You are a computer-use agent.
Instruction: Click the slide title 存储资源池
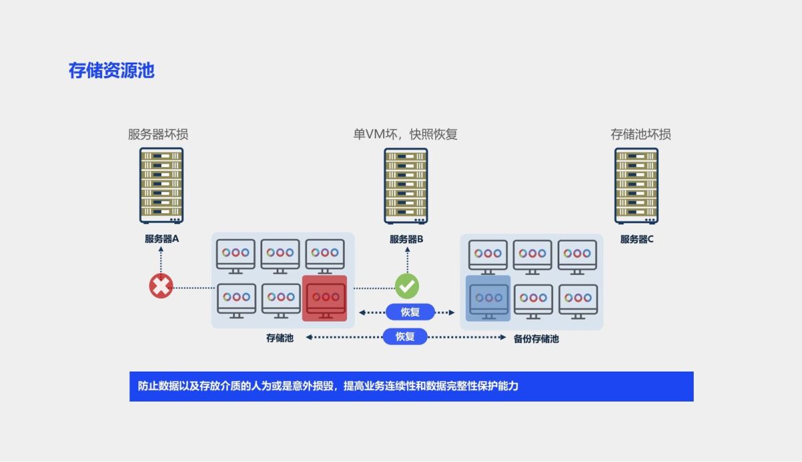[x=111, y=71]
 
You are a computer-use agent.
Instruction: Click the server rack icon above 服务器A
[x=161, y=185]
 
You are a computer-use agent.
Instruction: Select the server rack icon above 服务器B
[x=406, y=185]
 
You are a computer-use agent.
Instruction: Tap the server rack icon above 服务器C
[x=636, y=185]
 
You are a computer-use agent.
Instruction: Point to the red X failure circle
[x=161, y=286]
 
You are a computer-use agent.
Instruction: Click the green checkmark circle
[x=406, y=286]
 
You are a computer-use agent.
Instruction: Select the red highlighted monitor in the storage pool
[x=325, y=298]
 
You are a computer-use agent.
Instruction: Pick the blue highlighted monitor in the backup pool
[x=489, y=298]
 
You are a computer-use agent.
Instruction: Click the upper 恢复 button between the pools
[x=410, y=312]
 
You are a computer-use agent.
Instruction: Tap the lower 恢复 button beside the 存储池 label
[x=405, y=336]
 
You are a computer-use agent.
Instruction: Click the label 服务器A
[x=161, y=239]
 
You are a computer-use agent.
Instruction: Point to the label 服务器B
[x=406, y=239]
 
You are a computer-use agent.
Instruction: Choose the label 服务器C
[x=636, y=239]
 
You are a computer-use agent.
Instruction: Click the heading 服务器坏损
[x=158, y=134]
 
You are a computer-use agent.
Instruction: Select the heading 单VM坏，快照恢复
[x=405, y=134]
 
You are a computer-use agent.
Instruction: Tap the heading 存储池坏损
[x=640, y=134]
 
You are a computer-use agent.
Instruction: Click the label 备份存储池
[x=536, y=339]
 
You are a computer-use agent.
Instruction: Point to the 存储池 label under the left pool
[x=279, y=338]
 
